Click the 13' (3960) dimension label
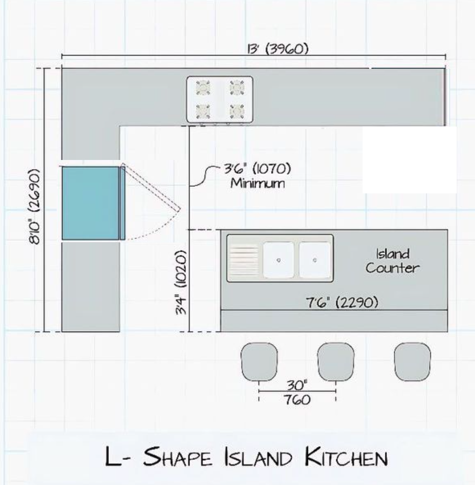coord(278,49)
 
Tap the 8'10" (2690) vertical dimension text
coord(34,207)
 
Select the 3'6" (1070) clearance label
coord(257,169)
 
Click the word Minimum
coord(257,183)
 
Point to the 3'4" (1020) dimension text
coord(181,282)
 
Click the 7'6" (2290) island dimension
coord(342,302)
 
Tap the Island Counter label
coord(392,261)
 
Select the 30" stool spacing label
coord(297,385)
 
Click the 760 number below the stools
coord(297,399)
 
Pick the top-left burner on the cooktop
coord(203,88)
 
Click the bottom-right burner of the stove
coord(236,111)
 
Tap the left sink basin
coord(278,260)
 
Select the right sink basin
coord(314,260)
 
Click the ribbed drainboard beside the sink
coord(244,260)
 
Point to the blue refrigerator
coord(94,203)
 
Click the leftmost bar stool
coord(259,361)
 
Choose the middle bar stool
coord(336,361)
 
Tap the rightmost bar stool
coord(412,361)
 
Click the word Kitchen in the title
coord(346,456)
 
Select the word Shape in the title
coord(177,456)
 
